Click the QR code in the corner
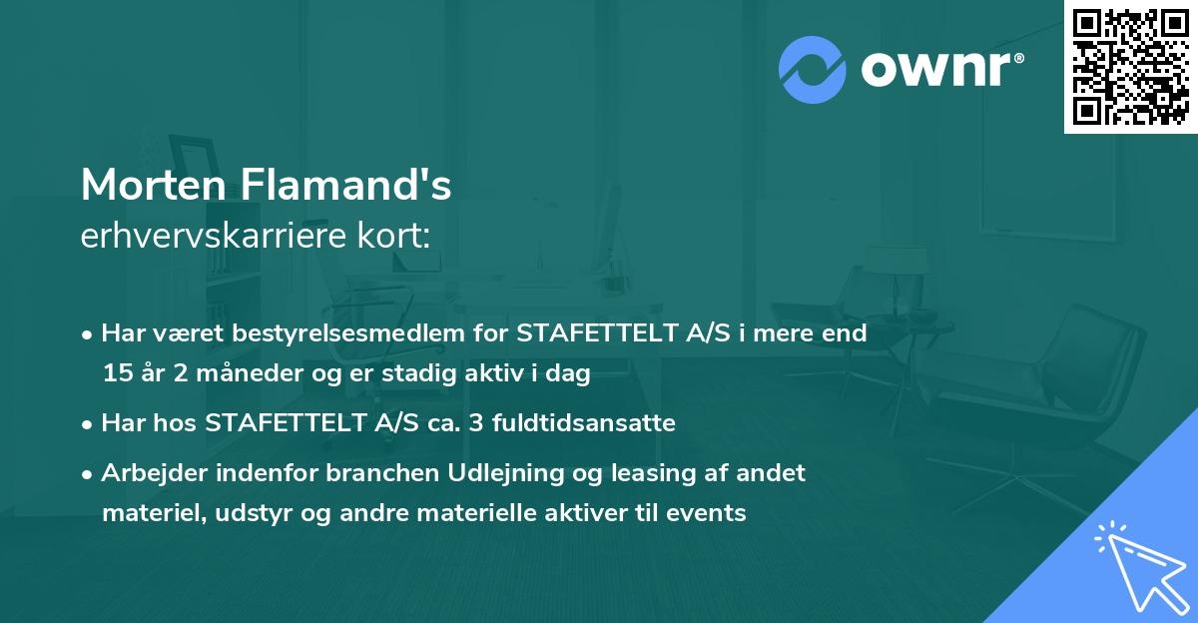(x=1131, y=67)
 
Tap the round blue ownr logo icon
(x=813, y=70)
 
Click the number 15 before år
(x=116, y=374)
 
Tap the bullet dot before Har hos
(x=89, y=423)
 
